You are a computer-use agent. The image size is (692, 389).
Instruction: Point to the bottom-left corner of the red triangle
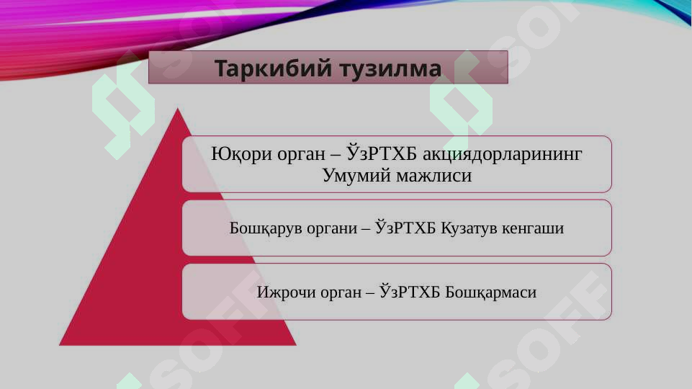pyautogui.click(x=60, y=344)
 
